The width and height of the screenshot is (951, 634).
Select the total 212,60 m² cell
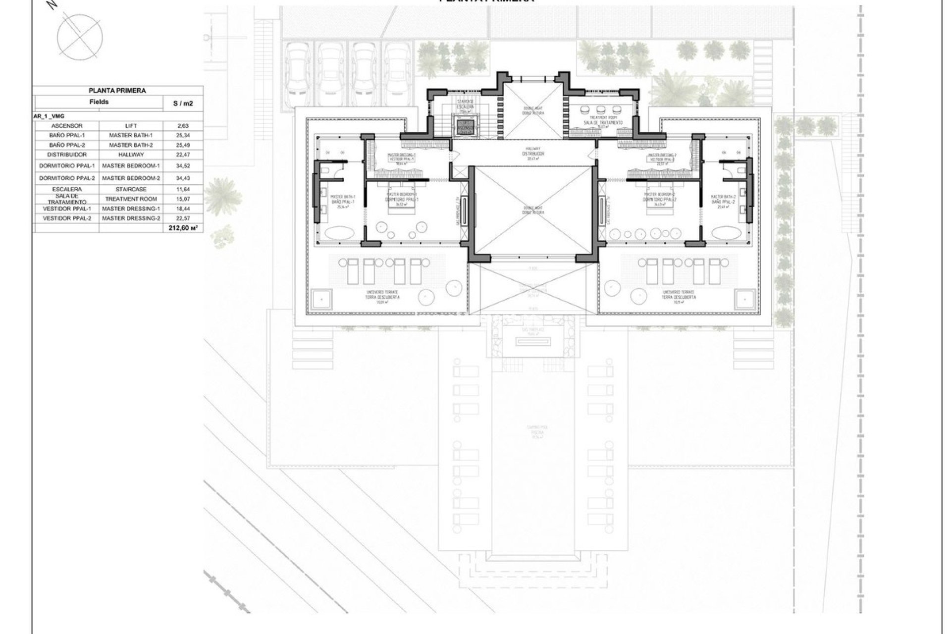point(183,228)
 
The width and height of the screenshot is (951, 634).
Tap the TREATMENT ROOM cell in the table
point(131,199)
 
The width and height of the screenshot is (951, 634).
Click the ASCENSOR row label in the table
point(66,126)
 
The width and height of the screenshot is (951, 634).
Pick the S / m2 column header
point(183,103)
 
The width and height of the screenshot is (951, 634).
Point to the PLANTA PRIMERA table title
point(117,91)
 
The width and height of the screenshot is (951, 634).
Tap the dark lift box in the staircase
point(465,127)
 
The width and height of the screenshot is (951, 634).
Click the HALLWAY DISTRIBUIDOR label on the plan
point(532,152)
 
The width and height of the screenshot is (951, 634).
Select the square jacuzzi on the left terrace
point(322,299)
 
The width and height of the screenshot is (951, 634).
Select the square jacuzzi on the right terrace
point(744,299)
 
